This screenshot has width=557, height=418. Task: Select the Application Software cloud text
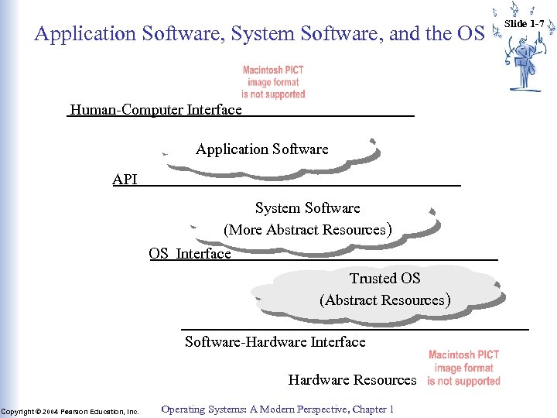(x=261, y=149)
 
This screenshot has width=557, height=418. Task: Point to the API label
(x=125, y=180)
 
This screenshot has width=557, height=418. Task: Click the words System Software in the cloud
(x=307, y=208)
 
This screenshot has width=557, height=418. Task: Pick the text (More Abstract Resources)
(x=307, y=230)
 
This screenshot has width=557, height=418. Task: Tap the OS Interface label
(x=190, y=254)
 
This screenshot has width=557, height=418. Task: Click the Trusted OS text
(x=384, y=278)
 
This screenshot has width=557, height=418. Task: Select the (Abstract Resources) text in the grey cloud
(x=384, y=300)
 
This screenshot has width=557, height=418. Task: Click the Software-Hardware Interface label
(x=275, y=341)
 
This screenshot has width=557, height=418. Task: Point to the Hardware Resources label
(x=352, y=380)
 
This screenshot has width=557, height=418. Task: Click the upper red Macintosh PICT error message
(x=273, y=82)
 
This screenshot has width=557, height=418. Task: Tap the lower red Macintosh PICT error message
(x=463, y=368)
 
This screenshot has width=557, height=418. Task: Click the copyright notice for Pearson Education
(x=70, y=411)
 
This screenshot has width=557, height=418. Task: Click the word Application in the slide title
(x=84, y=34)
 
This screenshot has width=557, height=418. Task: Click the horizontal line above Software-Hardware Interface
(x=355, y=330)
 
